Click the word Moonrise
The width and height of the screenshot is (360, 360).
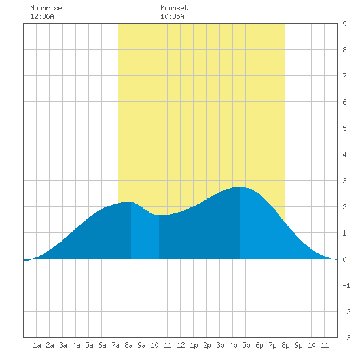pyautogui.click(x=46, y=8)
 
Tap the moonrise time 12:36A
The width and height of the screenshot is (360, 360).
pyautogui.click(x=42, y=16)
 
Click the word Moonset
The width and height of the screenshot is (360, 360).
pyautogui.click(x=174, y=8)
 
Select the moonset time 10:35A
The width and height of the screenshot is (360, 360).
pyautogui.click(x=172, y=16)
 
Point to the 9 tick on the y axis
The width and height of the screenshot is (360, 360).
pyautogui.click(x=344, y=24)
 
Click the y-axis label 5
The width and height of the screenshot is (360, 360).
pyautogui.click(x=344, y=128)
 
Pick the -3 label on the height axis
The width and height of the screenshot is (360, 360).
pyautogui.click(x=346, y=338)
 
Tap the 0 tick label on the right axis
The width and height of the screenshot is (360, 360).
pyautogui.click(x=344, y=259)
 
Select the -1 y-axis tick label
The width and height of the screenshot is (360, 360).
pyautogui.click(x=346, y=285)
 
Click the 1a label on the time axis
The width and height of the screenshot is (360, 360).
pyautogui.click(x=37, y=345)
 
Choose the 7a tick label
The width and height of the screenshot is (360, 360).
pyautogui.click(x=115, y=345)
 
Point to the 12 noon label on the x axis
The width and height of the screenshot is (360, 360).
pyautogui.click(x=181, y=345)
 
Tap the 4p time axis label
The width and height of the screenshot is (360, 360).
pyautogui.click(x=233, y=345)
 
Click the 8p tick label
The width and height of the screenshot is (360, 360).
pyautogui.click(x=285, y=345)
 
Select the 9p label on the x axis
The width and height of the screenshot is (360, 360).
pyautogui.click(x=298, y=345)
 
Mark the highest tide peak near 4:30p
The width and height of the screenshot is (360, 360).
pyautogui.click(x=240, y=187)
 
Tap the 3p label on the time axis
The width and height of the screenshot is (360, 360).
pyautogui.click(x=220, y=345)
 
